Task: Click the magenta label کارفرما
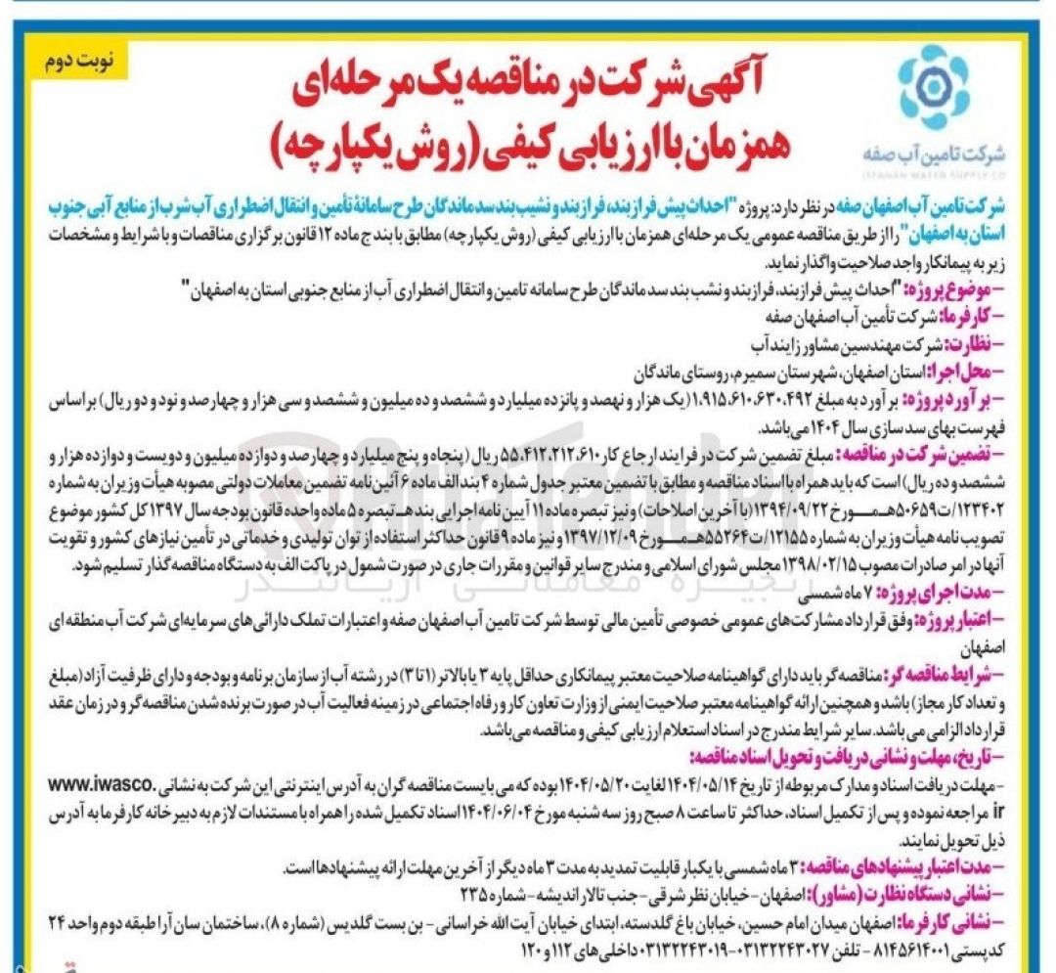992,316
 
